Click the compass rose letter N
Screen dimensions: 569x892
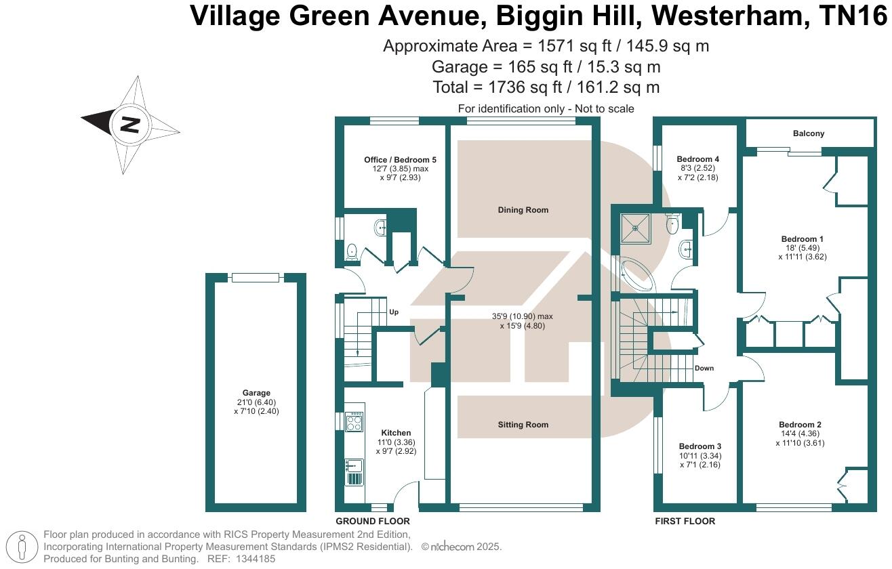[129, 125]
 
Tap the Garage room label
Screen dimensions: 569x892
[256, 393]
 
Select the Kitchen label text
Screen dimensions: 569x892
[395, 433]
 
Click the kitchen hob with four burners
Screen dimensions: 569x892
[354, 422]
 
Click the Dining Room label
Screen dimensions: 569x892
[523, 210]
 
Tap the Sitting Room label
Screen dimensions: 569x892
[523, 425]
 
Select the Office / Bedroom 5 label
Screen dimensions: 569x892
[400, 160]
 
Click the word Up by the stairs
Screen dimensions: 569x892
[394, 312]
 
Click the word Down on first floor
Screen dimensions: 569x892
[704, 368]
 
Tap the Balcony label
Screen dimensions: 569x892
[809, 133]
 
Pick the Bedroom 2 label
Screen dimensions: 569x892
[800, 425]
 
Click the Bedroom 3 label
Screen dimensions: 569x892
[700, 446]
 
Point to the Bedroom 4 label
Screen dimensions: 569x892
[697, 159]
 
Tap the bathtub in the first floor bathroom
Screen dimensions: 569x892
[636, 274]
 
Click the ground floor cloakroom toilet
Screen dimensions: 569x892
[352, 252]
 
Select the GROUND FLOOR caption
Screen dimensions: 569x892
[373, 522]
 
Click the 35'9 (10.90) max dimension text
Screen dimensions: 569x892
[523, 316]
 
